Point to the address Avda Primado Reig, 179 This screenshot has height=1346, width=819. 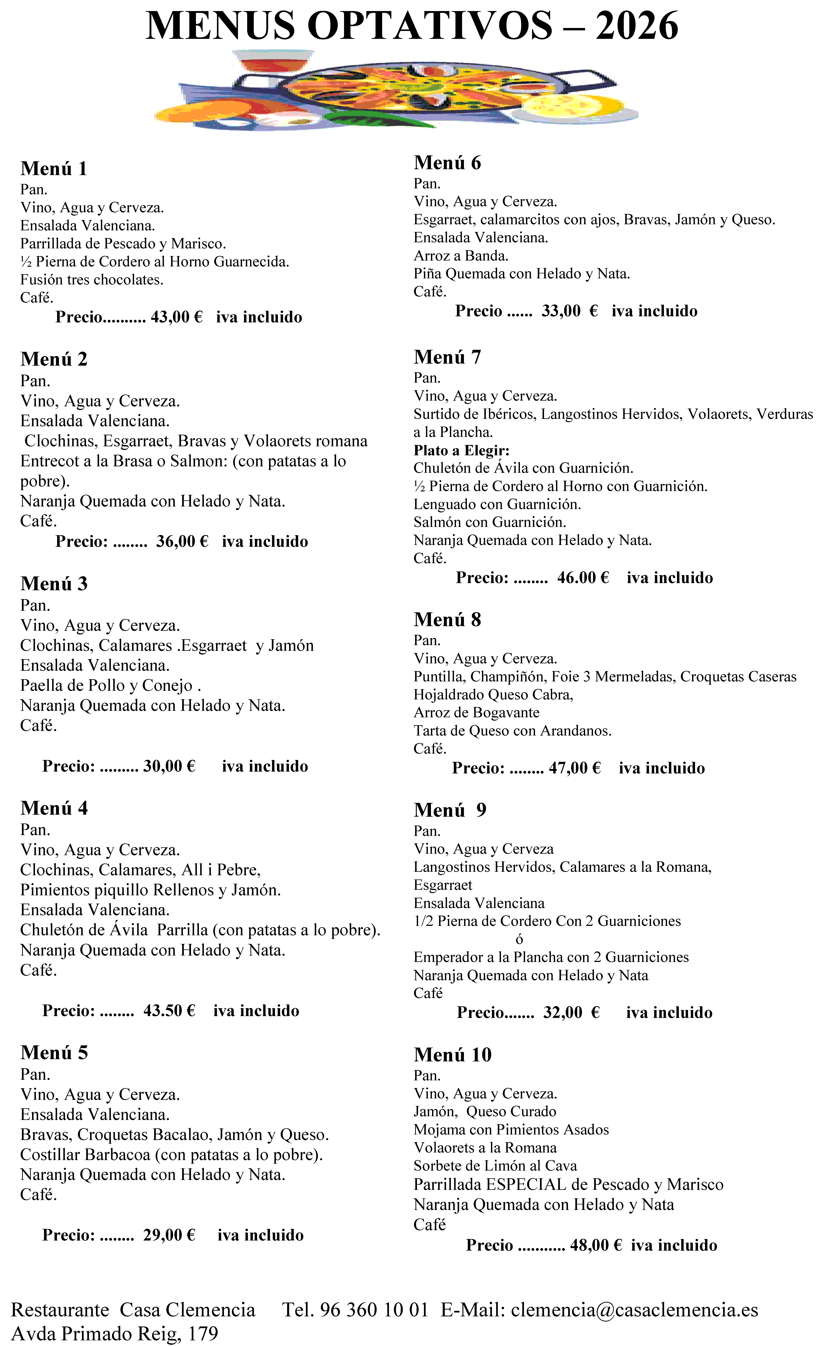115,1333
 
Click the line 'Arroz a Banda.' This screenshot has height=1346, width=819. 461,256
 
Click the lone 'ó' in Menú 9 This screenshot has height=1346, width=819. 519,939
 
